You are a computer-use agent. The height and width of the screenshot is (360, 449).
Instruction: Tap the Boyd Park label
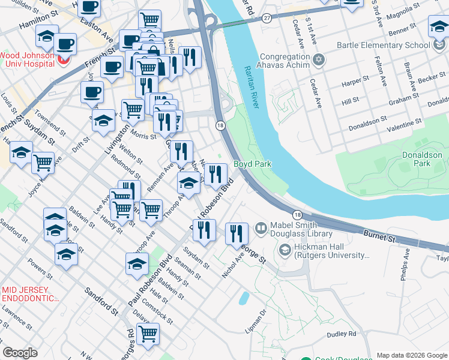coord(252,164)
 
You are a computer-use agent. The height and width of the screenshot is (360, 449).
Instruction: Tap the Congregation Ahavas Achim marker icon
coord(319,59)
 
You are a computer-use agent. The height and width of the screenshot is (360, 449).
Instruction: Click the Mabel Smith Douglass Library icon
coord(261,227)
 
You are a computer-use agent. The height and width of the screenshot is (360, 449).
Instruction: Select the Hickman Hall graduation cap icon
coord(285,248)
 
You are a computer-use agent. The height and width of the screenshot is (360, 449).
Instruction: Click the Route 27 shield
coord(266,19)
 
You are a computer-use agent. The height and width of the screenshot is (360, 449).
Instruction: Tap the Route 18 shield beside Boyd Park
coord(220,125)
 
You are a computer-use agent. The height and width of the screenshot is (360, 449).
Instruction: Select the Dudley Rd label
coord(342,334)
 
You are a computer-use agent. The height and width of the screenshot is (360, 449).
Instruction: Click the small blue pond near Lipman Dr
coord(243,298)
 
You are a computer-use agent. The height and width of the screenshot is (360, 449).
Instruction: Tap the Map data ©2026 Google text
coord(411,355)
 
